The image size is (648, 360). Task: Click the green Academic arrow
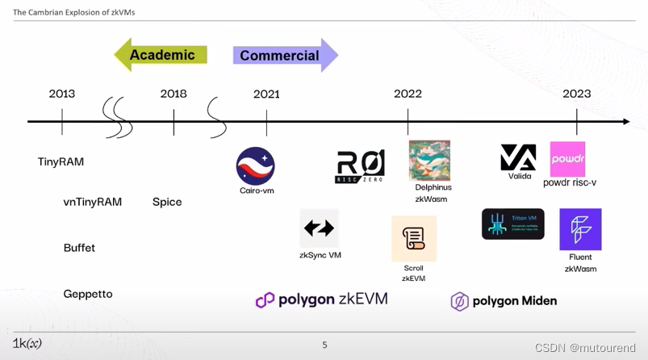point(161,55)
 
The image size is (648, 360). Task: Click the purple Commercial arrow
point(285,56)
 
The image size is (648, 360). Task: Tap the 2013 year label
point(62,94)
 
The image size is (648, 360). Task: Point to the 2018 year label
point(173,94)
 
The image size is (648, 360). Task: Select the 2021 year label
point(266,94)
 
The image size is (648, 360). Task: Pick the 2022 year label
point(408,94)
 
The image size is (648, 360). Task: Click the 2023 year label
point(576,94)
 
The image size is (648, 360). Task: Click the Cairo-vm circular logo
point(256,165)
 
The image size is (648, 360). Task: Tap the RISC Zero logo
point(360,165)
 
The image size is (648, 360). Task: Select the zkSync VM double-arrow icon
point(319,228)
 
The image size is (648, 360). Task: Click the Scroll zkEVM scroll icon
point(414,238)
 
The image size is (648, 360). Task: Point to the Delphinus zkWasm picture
point(429,161)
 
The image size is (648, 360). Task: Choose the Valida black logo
point(518,157)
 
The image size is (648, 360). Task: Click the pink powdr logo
point(567,159)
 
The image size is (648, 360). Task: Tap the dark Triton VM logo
point(513,224)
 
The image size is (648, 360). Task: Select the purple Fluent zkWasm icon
point(580,229)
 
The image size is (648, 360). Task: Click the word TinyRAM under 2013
point(61,161)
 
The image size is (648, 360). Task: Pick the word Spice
point(167,202)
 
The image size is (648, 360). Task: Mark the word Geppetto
point(88,294)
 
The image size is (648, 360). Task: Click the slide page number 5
point(324,345)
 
